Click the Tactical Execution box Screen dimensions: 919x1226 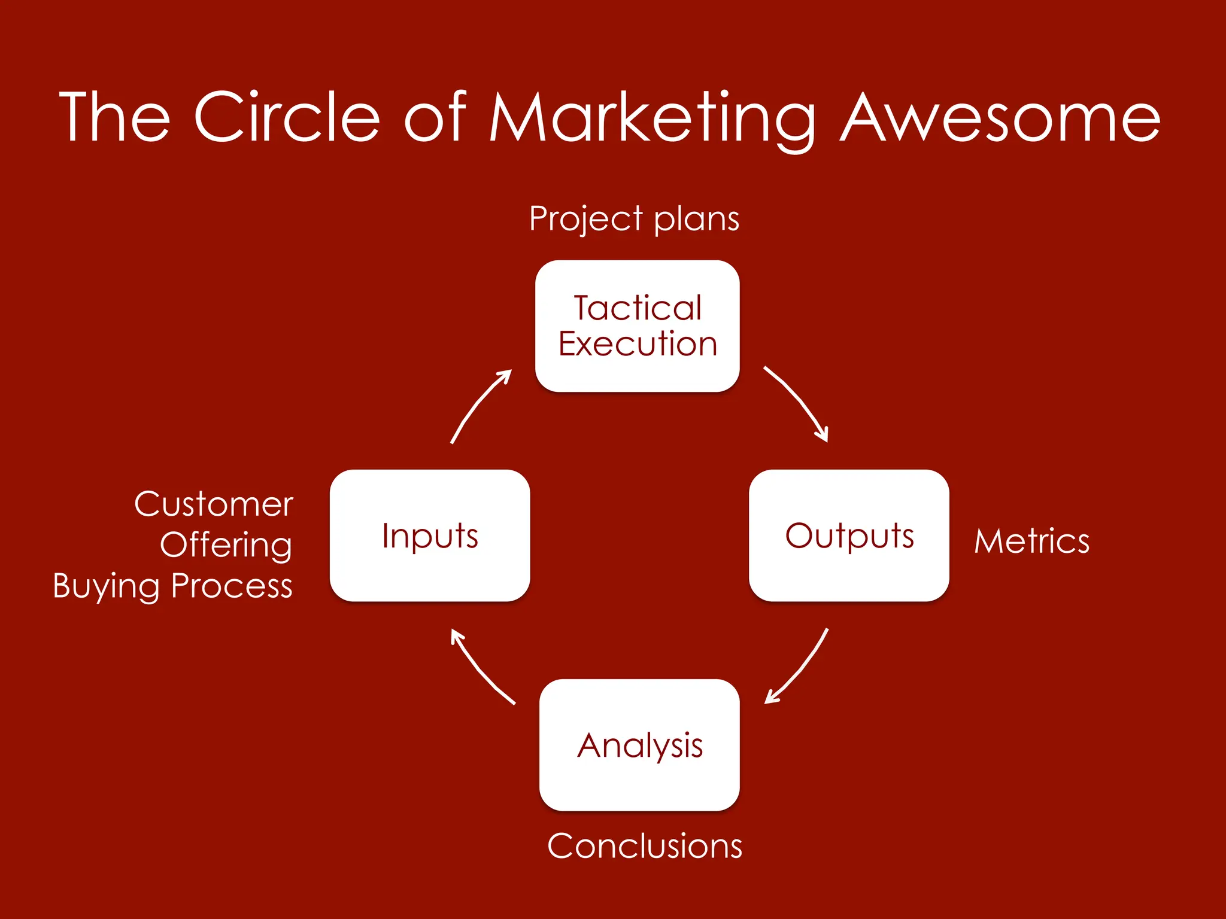637,326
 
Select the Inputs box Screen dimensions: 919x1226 430,535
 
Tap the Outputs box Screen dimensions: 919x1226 849,535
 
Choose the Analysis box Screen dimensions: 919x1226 639,745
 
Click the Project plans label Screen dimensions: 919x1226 634,219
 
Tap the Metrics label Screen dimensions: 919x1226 1031,541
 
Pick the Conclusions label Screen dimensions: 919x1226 645,846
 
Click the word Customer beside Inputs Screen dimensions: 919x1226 214,504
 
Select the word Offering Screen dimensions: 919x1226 226,546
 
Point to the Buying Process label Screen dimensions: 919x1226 172,586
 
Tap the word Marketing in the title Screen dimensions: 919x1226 653,118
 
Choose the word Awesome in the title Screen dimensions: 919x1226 1000,118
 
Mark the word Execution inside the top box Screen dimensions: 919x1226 638,344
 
